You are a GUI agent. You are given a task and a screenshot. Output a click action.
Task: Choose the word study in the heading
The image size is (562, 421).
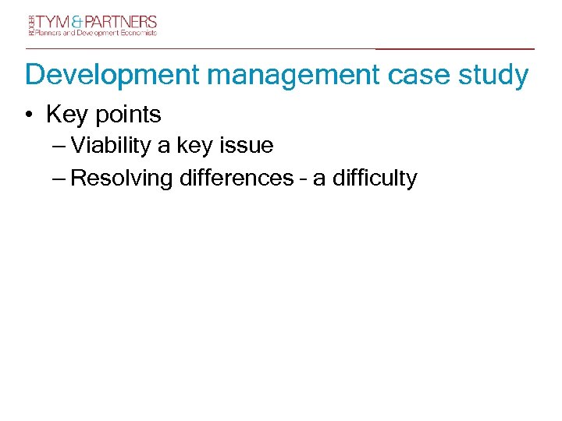493,76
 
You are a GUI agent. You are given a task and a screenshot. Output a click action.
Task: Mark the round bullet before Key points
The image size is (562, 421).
28,115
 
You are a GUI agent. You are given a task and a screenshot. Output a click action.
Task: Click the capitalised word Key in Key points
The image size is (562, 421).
65,115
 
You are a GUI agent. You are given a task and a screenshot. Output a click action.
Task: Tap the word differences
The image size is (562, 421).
236,179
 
